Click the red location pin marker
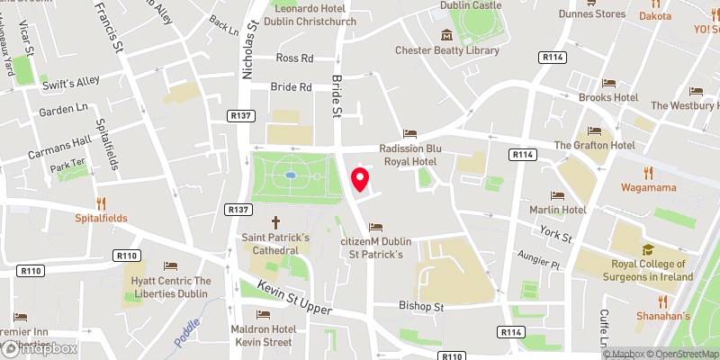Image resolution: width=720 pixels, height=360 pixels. click(360, 180)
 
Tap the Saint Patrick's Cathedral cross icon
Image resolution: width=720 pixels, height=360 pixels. click(275, 221)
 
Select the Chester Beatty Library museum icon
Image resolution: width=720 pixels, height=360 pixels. click(445, 35)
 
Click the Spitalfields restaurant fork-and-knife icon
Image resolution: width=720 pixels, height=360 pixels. click(102, 202)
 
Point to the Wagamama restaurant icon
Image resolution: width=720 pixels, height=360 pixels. click(647, 173)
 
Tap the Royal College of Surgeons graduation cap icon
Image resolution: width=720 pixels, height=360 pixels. click(646, 249)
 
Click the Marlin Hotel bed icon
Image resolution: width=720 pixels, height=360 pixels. click(557, 194)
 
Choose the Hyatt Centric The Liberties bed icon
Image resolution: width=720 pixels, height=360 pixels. click(170, 265)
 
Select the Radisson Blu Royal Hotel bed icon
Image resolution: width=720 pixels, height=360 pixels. click(410, 133)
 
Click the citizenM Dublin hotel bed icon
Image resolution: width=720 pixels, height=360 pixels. click(375, 226)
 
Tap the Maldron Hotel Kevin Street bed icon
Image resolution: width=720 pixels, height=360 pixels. click(263, 314)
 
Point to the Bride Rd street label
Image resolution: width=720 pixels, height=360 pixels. click(291, 87)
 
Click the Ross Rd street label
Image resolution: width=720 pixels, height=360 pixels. click(294, 58)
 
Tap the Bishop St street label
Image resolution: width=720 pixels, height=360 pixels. click(422, 307)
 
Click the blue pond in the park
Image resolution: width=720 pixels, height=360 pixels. click(290, 175)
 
